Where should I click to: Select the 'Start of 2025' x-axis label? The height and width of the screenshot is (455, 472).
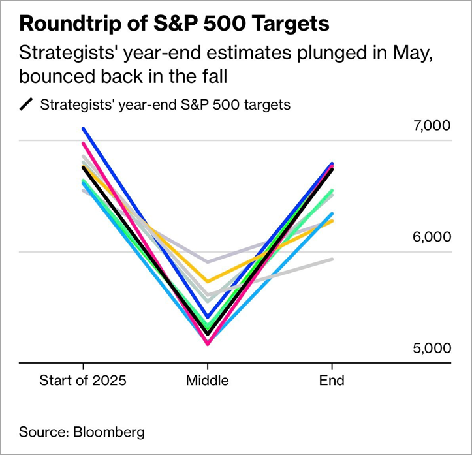click(83, 380)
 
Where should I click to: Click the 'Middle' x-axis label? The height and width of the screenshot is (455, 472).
click(208, 380)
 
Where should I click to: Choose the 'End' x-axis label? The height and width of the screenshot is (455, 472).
click(332, 380)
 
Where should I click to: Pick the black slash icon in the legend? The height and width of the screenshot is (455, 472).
click(27, 105)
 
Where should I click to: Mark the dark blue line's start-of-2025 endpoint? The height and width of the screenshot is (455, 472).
click(83, 129)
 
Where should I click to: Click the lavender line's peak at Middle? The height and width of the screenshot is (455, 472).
click(208, 262)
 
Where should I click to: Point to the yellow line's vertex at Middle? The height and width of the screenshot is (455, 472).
click(208, 281)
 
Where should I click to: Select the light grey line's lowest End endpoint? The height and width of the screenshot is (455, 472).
click(332, 259)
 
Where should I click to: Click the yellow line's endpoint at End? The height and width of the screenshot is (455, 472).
click(332, 221)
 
